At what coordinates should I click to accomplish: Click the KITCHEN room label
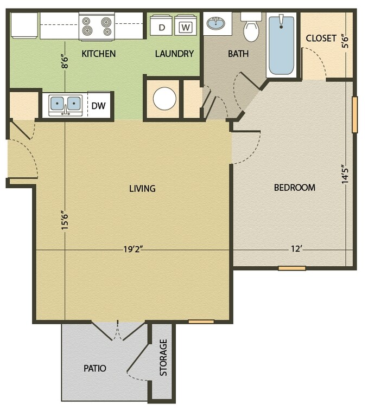pyautogui.click(x=98, y=54)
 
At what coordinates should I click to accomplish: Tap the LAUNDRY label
pyautogui.click(x=174, y=54)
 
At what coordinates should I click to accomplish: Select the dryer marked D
pyautogui.click(x=161, y=27)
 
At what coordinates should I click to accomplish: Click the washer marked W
pyautogui.click(x=186, y=27)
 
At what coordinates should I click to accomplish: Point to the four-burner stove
pyautogui.click(x=97, y=26)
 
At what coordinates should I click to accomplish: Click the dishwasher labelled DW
pyautogui.click(x=98, y=106)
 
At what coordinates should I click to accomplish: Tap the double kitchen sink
pyautogui.click(x=65, y=105)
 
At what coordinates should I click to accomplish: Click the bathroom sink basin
pyautogui.click(x=217, y=23)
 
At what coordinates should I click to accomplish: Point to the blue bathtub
pyautogui.click(x=281, y=45)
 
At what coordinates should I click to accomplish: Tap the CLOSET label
pyautogui.click(x=321, y=38)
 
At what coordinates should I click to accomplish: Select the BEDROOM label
pyautogui.click(x=294, y=188)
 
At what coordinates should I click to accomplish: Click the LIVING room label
pyautogui.click(x=142, y=189)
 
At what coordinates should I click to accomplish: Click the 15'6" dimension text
pyautogui.click(x=65, y=221)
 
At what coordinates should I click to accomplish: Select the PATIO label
pyautogui.click(x=94, y=368)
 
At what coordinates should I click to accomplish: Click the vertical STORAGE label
pyautogui.click(x=163, y=358)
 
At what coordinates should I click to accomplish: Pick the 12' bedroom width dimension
pyautogui.click(x=296, y=250)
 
